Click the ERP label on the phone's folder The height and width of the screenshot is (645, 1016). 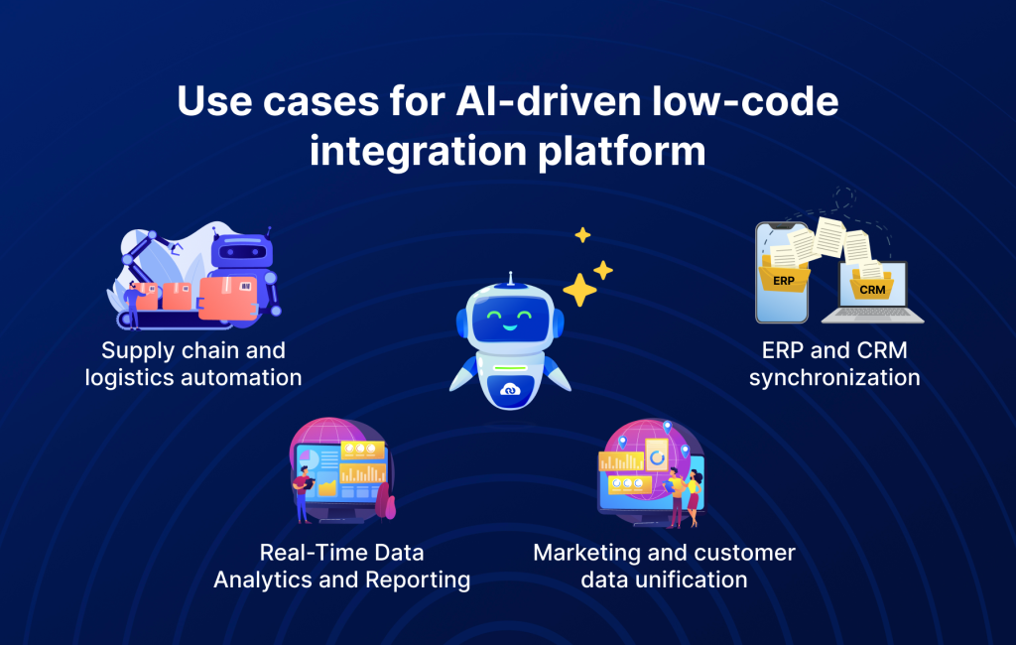784,280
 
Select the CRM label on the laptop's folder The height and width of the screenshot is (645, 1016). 872,290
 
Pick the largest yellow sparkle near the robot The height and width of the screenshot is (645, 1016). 579,290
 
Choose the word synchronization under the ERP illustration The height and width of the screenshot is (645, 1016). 834,378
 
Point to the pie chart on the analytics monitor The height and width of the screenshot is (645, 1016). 309,459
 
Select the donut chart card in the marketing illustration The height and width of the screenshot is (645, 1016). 656,456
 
